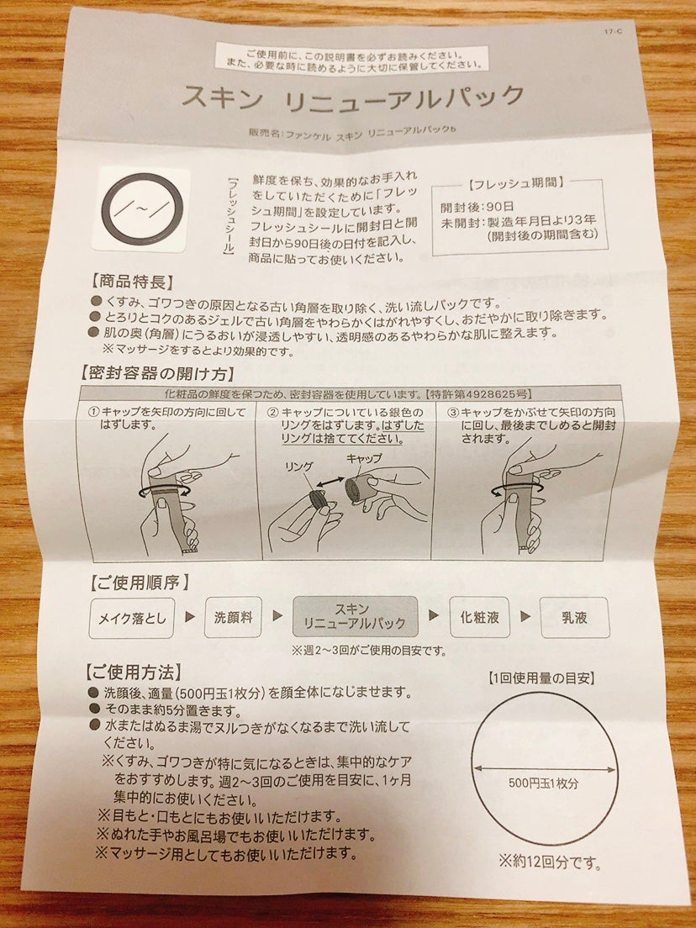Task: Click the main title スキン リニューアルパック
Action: coord(353,97)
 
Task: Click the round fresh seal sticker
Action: coord(142,209)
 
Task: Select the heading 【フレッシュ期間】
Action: coord(516,183)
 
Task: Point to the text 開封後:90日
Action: coord(477,207)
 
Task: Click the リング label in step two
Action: coord(300,467)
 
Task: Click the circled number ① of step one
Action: coord(93,413)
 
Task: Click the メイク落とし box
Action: coord(131,619)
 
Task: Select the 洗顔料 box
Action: coord(233,617)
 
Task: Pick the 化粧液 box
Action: coord(479,617)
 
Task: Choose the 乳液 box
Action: coord(567,618)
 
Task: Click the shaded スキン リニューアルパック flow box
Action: coord(355,616)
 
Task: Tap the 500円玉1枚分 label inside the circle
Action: coord(543,783)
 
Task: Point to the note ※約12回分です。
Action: coord(550,861)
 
